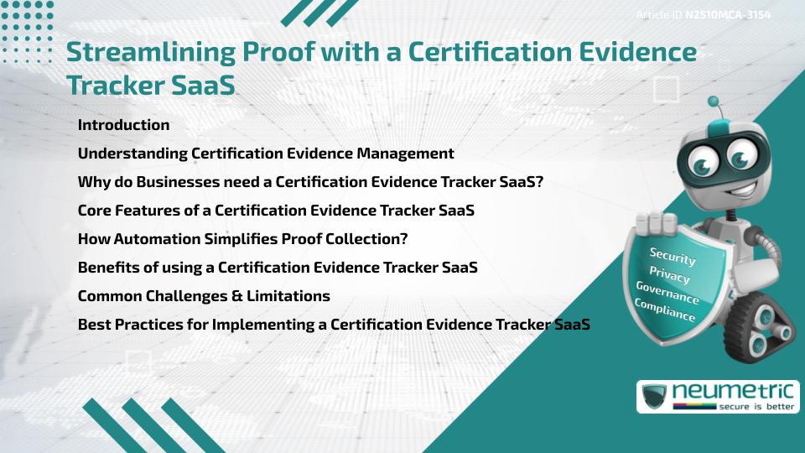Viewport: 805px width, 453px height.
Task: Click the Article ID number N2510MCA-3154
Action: (x=727, y=15)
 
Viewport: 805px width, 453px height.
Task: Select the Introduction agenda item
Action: (x=123, y=125)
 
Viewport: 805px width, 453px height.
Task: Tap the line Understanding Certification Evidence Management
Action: (x=266, y=154)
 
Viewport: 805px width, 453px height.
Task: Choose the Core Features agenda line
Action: (x=276, y=211)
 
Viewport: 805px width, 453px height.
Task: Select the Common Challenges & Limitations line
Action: (x=204, y=296)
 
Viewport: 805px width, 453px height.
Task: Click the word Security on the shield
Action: (x=672, y=256)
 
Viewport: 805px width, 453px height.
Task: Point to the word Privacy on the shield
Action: (x=669, y=276)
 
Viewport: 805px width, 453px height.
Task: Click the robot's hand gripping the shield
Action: (x=657, y=222)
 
